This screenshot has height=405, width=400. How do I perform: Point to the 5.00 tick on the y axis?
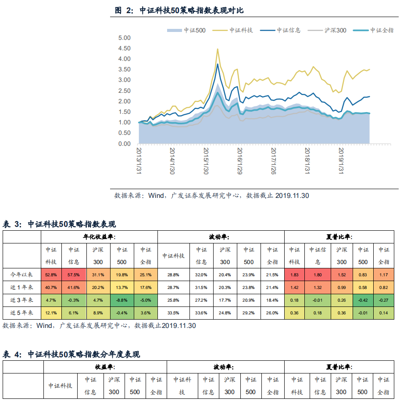[x=125, y=38]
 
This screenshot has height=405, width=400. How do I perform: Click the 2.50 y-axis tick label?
[x=125, y=91]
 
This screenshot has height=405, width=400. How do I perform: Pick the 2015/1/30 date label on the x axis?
[x=206, y=161]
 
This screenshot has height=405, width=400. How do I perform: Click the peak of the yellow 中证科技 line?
[x=218, y=49]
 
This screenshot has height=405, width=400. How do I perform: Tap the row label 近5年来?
[x=22, y=313]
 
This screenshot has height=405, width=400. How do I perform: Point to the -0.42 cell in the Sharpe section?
[x=363, y=300]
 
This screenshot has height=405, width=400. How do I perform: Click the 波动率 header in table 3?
[x=221, y=237]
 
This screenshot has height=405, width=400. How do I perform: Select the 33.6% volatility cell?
[x=201, y=313]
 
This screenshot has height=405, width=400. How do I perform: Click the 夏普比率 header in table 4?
[x=339, y=367]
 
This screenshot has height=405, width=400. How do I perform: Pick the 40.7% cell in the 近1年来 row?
[x=51, y=287]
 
